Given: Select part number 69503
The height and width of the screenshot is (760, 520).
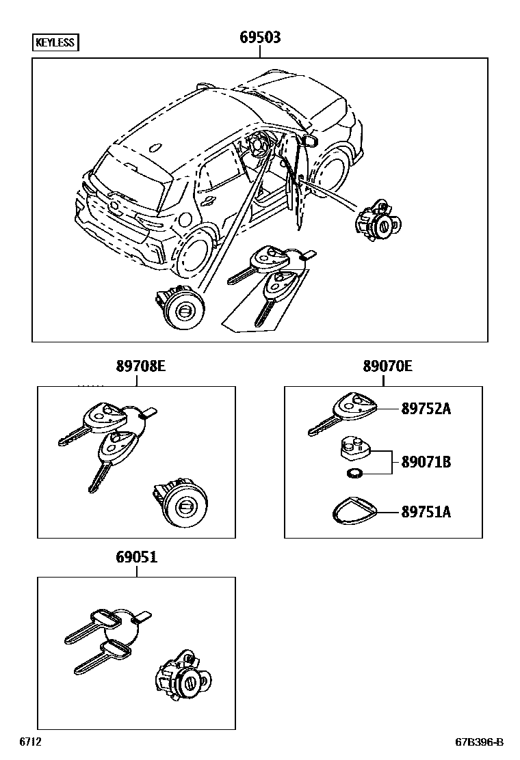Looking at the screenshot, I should tap(259, 38).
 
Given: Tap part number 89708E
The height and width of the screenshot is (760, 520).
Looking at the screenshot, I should tap(140, 367).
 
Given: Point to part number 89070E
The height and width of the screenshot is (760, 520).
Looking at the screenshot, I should tap(387, 367).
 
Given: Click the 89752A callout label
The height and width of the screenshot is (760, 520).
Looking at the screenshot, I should tap(426, 409).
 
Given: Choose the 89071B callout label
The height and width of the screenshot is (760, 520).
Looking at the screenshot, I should tap(426, 462).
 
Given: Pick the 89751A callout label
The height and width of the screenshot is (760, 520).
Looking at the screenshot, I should tap(426, 511).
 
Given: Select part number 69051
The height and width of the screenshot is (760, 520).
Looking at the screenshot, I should tap(136, 558).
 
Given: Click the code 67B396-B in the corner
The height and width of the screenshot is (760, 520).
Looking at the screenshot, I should tap(480, 742).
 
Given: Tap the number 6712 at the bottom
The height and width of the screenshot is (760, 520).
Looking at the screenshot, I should tap(31, 742).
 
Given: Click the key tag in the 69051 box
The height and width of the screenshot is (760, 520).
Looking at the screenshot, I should tap(144, 617).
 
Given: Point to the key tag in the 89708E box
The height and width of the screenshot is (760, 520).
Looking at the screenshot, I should tap(150, 412).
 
